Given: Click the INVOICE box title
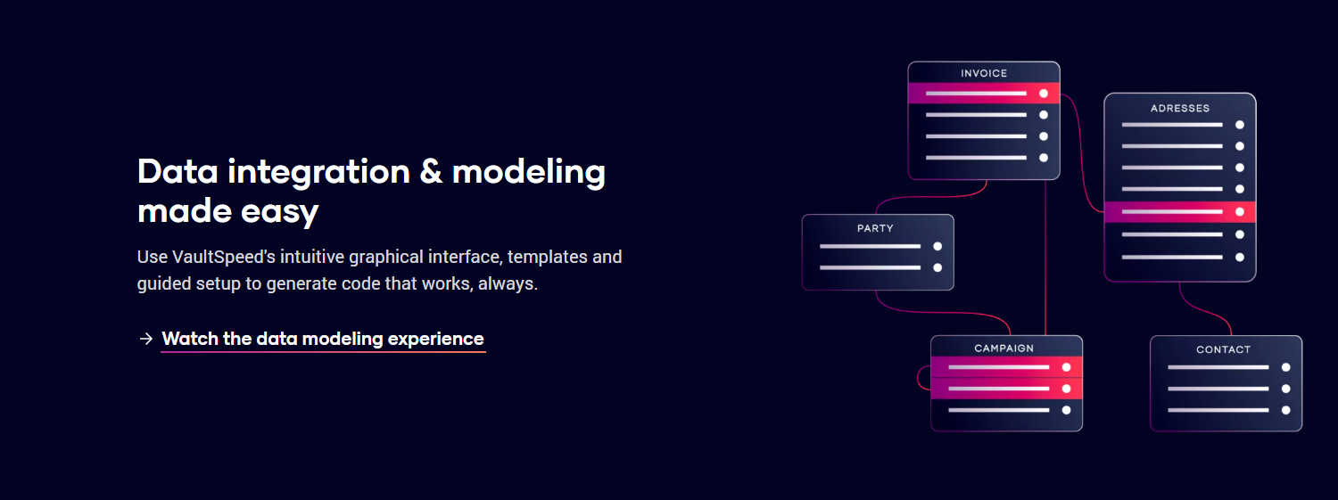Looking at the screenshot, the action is coord(984,73).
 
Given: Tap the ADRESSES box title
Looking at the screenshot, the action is coord(1180,108).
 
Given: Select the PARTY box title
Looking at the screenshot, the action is coord(875,228).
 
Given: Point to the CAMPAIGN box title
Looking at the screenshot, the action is coord(1003,348).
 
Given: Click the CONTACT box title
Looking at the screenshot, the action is coord(1223,349).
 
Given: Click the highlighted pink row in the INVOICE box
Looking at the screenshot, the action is coord(984,93).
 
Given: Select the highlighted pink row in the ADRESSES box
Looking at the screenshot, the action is coord(1180,212).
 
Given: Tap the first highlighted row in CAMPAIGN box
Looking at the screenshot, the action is coord(1006,367).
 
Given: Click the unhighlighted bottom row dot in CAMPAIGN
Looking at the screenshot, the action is coord(1066,410).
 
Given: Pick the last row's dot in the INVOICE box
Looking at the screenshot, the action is coord(1044,158).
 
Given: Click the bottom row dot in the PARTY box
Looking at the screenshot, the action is coord(937,268).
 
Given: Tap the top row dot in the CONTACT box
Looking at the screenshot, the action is coord(1286,367).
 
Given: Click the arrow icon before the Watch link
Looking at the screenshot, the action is coord(145,339).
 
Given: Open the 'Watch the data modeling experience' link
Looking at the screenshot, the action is coord(323,339).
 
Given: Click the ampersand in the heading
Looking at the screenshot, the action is coord(431,172).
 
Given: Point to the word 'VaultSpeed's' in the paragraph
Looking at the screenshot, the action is coord(223,258).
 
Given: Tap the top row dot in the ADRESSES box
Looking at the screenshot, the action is coord(1240,125).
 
